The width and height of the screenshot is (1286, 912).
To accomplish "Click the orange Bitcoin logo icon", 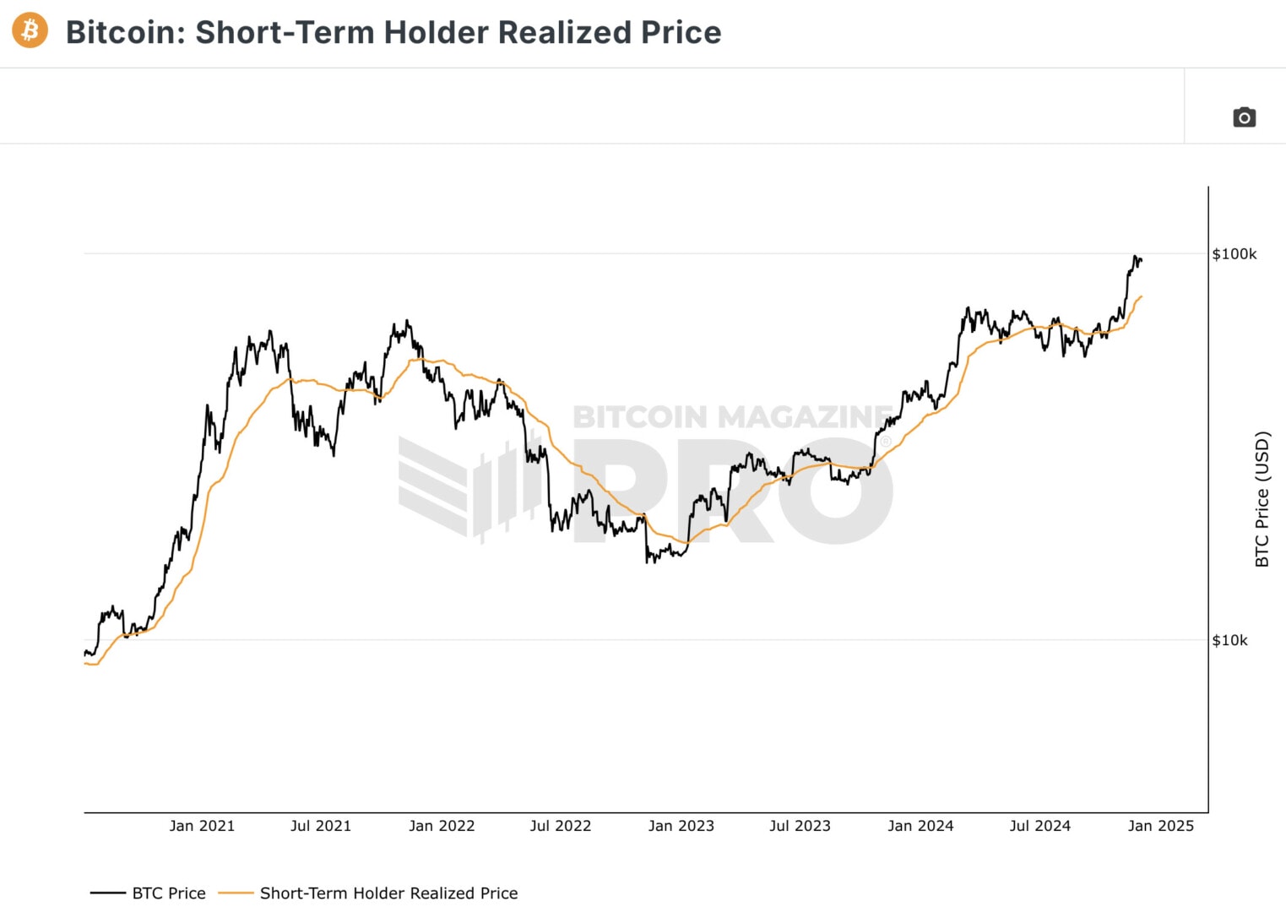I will point(30,30).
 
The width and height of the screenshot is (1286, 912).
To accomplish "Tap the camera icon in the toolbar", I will point(1244,117).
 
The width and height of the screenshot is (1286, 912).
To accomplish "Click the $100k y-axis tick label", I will point(1234,254).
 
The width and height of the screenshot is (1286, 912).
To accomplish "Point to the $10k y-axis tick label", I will point(1229,640).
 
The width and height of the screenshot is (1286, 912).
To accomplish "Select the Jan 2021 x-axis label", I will point(202,826).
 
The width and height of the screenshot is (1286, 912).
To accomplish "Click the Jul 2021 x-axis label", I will point(321,826).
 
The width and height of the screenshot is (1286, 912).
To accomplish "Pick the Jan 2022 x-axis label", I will point(442,826).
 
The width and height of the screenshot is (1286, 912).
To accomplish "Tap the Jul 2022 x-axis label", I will point(561,826).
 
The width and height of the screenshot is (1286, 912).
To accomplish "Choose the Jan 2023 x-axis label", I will point(681,826).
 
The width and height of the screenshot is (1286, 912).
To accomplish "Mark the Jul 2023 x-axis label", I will point(800,826).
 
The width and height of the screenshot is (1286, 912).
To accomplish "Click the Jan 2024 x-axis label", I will point(920,826).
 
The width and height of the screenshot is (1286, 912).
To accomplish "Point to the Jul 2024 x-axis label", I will point(1039,826).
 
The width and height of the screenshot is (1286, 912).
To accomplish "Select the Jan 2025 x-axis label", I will point(1161,826).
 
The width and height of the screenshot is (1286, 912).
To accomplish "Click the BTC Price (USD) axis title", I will point(1262,499).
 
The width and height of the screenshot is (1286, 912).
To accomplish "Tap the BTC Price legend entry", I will point(168,893).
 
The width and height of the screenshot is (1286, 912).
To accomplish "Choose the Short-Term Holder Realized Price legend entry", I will point(388,893).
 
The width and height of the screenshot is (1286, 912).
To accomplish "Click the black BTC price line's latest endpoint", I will point(1141,260).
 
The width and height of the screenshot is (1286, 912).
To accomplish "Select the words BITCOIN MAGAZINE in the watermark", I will point(731,417).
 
